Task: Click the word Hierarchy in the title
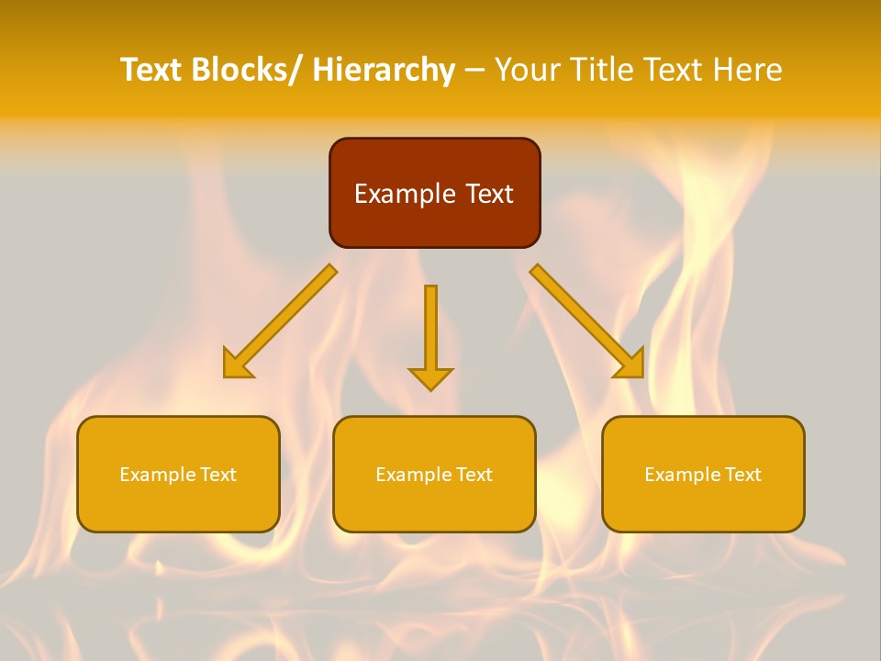(384, 70)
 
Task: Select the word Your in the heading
(527, 70)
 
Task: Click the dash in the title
(474, 71)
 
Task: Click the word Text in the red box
(487, 194)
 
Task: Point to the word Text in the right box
(742, 475)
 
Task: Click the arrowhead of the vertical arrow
(430, 379)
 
